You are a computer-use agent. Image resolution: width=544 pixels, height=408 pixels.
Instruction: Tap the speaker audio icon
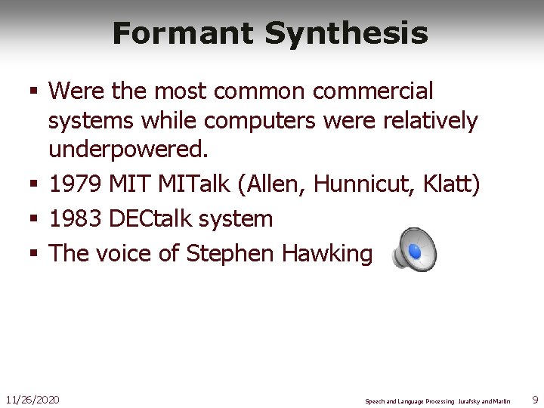[x=414, y=249]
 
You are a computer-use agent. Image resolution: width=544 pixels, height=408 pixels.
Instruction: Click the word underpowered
[x=128, y=150]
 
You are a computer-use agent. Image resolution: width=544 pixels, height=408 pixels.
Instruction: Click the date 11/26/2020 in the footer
[x=32, y=398]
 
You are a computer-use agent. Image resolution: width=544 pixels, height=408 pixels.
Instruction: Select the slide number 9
[x=535, y=398]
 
